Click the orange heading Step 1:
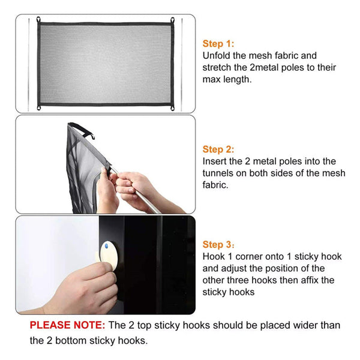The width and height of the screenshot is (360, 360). [218, 44]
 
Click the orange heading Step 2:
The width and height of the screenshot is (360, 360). [218, 149]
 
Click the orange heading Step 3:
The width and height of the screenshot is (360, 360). [218, 245]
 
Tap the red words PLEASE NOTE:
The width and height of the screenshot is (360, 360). [67, 325]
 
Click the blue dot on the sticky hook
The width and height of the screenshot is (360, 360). [106, 247]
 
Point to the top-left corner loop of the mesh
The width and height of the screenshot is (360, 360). [38, 20]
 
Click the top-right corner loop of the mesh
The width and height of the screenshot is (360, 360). [172, 20]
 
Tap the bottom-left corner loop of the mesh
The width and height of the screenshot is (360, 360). [38, 107]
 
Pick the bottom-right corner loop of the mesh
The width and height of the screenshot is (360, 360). [172, 108]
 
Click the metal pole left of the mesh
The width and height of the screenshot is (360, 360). [29, 65]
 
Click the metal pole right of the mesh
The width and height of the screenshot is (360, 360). [182, 65]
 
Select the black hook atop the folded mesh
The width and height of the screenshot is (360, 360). [83, 130]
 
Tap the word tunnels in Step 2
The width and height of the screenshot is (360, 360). [218, 173]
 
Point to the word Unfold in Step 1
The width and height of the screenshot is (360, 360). [216, 56]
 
